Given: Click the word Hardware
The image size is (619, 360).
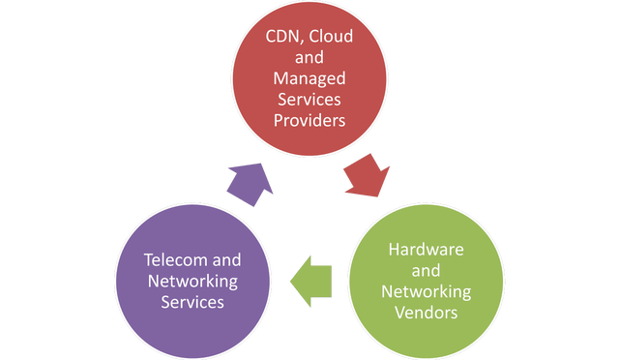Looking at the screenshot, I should (426, 250).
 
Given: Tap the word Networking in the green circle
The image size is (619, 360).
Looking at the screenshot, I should (426, 291).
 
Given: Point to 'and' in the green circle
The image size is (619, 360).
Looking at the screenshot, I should (426, 271).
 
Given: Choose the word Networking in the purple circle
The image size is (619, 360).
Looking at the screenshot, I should (192, 282).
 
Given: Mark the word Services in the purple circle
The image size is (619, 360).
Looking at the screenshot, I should (192, 302).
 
